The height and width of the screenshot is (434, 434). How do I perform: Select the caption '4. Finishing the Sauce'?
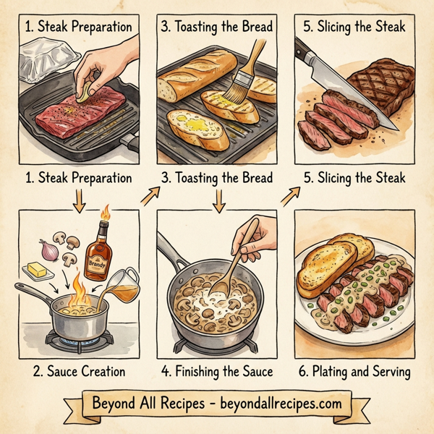tap(217, 372)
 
